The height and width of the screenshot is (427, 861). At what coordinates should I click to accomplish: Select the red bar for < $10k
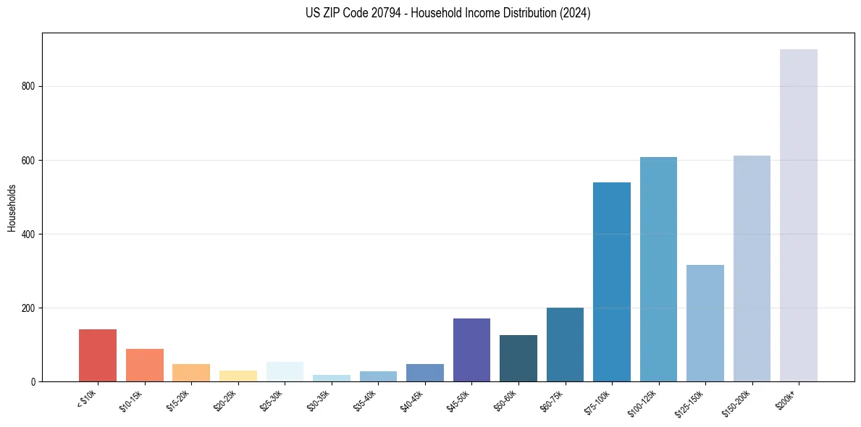pyautogui.click(x=98, y=355)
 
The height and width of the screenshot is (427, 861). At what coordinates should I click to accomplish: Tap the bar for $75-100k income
pyautogui.click(x=612, y=282)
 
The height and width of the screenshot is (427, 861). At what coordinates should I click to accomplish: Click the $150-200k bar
pyautogui.click(x=752, y=269)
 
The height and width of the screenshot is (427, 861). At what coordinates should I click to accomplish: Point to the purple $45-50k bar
pyautogui.click(x=471, y=350)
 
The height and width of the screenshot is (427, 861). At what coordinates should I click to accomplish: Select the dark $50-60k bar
pyautogui.click(x=518, y=358)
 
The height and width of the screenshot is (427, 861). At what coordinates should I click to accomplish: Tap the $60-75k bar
pyautogui.click(x=565, y=344)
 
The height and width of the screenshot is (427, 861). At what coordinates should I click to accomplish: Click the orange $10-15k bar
pyautogui.click(x=144, y=365)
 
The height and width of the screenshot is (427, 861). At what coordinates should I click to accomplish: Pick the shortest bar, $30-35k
pyautogui.click(x=332, y=379)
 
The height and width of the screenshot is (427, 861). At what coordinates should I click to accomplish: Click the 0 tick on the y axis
pyautogui.click(x=33, y=381)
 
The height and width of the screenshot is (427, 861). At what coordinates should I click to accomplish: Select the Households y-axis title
pyautogui.click(x=12, y=208)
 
